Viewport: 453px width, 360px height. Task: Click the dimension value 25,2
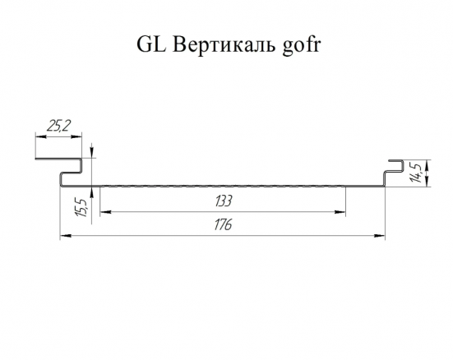click(x=58, y=126)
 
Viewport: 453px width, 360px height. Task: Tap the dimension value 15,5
click(x=81, y=207)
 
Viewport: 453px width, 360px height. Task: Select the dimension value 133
click(x=224, y=201)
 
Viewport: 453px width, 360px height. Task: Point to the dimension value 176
click(x=223, y=224)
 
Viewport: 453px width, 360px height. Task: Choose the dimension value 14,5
click(x=416, y=173)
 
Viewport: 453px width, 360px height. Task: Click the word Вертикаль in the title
click(x=224, y=44)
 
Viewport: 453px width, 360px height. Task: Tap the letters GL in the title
click(x=151, y=44)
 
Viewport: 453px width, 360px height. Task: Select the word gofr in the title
click(x=302, y=45)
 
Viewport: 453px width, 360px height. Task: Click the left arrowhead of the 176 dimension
click(x=66, y=236)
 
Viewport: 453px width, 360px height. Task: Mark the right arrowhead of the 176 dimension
click(x=379, y=236)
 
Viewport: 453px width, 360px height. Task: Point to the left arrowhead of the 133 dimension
click(x=105, y=212)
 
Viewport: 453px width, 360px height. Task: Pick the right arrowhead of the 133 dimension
click(x=340, y=212)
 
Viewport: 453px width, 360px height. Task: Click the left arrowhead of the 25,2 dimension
click(x=41, y=136)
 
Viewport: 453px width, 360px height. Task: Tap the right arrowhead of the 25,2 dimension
click(x=76, y=136)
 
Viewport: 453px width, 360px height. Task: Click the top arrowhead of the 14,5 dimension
click(x=428, y=165)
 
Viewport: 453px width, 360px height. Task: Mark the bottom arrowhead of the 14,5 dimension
click(x=428, y=181)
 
